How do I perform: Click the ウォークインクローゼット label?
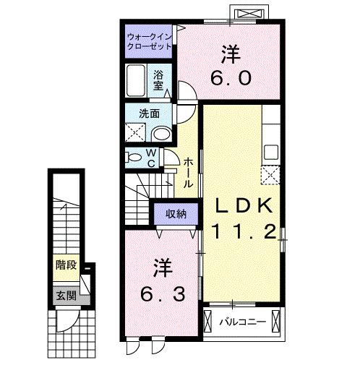(x=149, y=40)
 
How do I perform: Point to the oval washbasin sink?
(x=163, y=132)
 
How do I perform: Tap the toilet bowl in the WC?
(x=134, y=156)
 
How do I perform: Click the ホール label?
(x=187, y=173)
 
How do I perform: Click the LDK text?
(x=242, y=207)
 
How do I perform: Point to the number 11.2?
(x=243, y=232)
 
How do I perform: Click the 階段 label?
(x=67, y=265)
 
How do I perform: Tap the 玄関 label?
(x=67, y=296)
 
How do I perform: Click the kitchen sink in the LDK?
(x=273, y=152)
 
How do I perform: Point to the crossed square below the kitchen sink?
(x=273, y=176)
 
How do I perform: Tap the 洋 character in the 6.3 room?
(x=160, y=268)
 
